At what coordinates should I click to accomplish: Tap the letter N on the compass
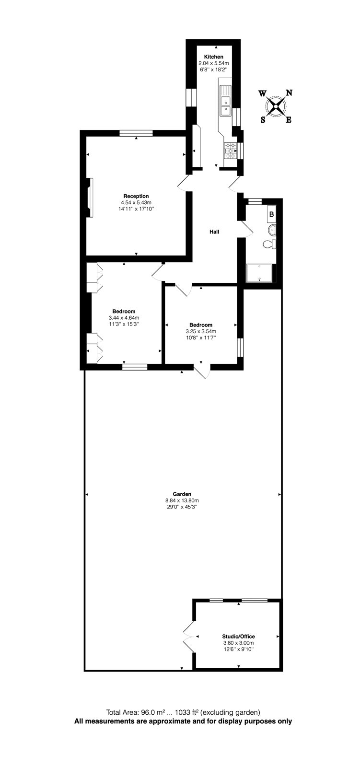pos(289,93)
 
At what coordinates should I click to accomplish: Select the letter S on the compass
pos(263,120)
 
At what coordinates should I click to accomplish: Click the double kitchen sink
pos(225,105)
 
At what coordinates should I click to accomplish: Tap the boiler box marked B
pos(271,214)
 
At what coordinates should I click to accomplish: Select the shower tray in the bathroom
pos(259,274)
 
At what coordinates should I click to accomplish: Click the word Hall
pos(214,232)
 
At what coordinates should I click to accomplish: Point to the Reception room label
pos(136,196)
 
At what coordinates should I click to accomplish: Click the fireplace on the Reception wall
pos(90,198)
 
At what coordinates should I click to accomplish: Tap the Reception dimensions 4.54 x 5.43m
pos(136,202)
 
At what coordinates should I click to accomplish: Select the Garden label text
pos(182,494)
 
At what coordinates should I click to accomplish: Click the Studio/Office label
pos(238,637)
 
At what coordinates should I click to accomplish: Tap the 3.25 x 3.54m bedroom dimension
pos(201,331)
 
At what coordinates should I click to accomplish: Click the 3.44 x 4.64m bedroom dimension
pos(124,317)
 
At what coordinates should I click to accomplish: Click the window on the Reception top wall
pos(136,133)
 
